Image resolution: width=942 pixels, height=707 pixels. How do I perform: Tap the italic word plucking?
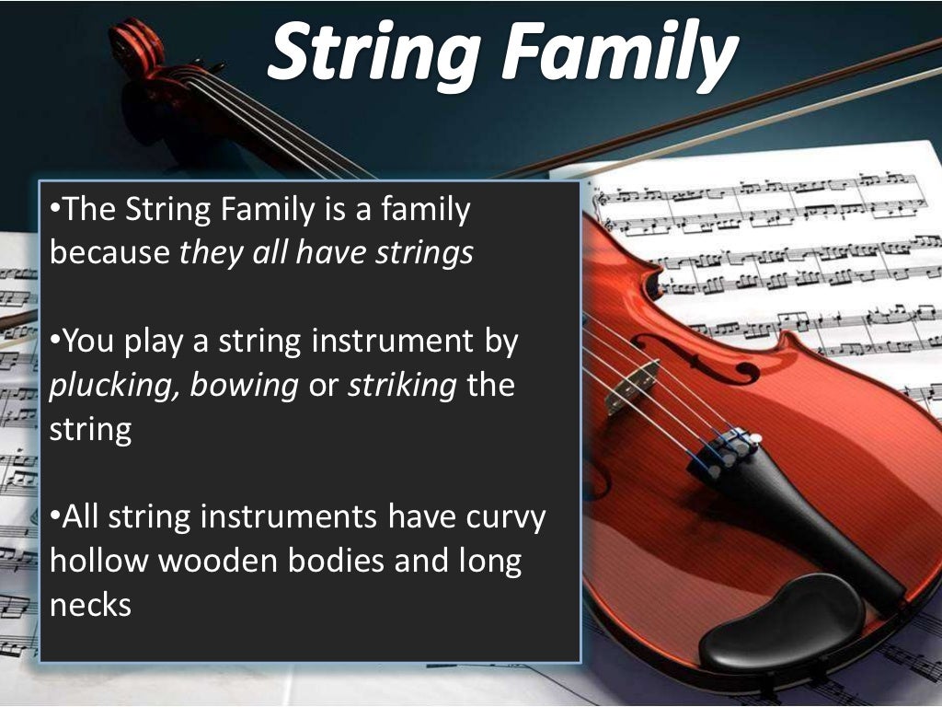pos(114,387)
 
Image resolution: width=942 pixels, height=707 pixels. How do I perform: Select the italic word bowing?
pos(244,387)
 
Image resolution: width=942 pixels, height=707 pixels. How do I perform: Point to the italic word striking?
pos(402,387)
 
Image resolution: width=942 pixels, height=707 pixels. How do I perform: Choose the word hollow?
pos(101,561)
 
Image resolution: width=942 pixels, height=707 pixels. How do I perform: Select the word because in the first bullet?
pos(109,254)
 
